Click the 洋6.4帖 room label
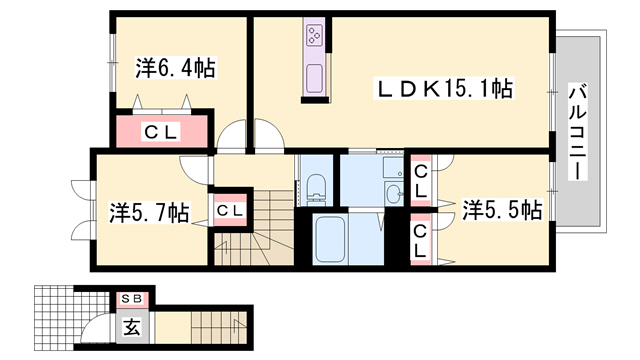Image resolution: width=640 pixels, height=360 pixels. click(x=176, y=69)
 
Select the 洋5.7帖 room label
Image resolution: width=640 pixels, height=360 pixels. click(x=149, y=212)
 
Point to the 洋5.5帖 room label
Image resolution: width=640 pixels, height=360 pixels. click(x=502, y=210)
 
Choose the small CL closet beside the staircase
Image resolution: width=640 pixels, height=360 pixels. click(x=229, y=210)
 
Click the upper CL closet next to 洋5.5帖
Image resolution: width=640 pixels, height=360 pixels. click(x=420, y=180)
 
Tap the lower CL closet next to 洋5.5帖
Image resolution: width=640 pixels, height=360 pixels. click(x=420, y=241)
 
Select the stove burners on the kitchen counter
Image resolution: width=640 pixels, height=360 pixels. click(x=314, y=39)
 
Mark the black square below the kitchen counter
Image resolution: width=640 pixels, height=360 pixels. click(x=314, y=99)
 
